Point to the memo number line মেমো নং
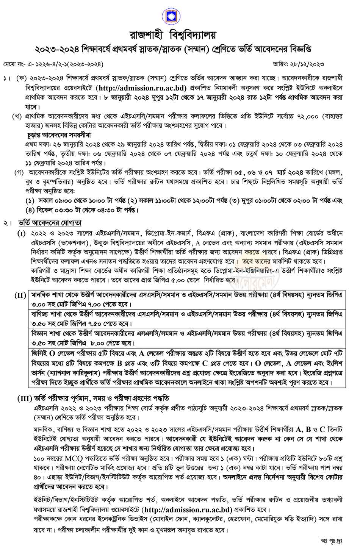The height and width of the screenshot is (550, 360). point(53,65)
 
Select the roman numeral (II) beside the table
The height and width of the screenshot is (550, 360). point(20,295)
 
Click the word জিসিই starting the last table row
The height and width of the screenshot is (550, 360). point(40,353)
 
